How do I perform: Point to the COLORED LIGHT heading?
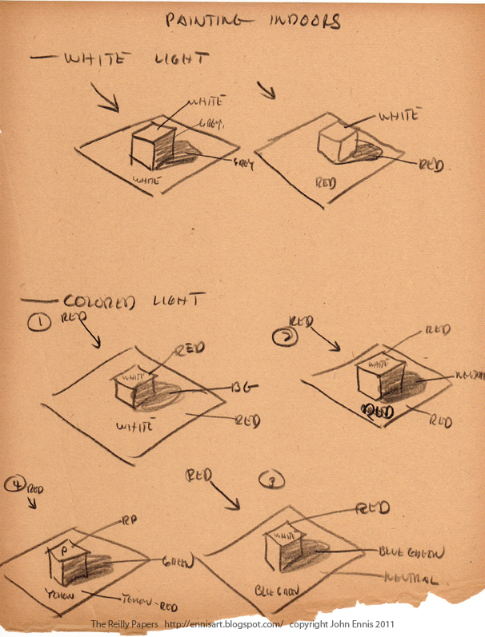pyautogui.click(x=133, y=302)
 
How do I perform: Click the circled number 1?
pyautogui.click(x=36, y=324)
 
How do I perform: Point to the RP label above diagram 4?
pyautogui.click(x=131, y=520)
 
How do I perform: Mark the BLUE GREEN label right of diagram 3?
pyautogui.click(x=410, y=553)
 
